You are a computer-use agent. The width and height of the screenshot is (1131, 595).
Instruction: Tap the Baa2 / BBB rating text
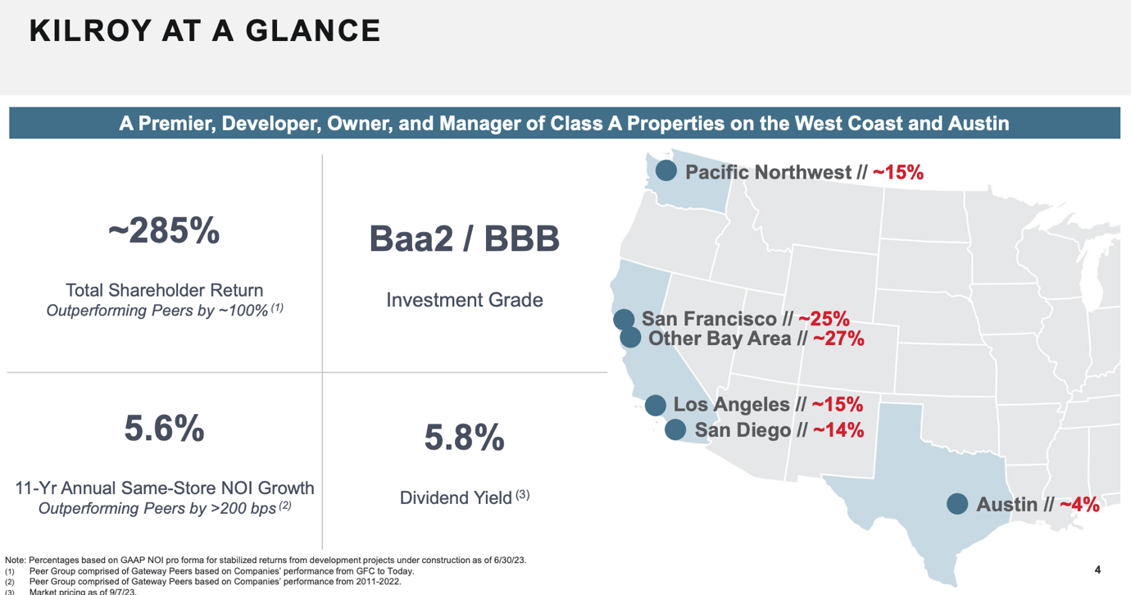click(x=464, y=238)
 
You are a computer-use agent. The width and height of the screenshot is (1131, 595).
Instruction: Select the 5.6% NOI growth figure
click(x=164, y=429)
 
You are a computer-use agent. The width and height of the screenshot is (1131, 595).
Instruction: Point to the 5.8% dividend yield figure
click(x=464, y=438)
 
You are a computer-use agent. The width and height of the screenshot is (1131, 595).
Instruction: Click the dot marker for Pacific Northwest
click(x=665, y=170)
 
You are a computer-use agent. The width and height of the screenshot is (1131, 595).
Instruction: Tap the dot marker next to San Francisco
click(x=624, y=319)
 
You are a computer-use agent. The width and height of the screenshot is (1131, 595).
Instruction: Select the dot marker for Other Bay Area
click(x=630, y=338)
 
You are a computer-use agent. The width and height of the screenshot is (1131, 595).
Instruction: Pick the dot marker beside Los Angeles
click(x=655, y=405)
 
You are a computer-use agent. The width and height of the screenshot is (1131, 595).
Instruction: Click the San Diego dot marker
click(x=675, y=429)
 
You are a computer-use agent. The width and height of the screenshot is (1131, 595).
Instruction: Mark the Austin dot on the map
click(x=956, y=504)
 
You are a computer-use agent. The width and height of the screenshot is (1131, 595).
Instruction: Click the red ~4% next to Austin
click(x=1079, y=504)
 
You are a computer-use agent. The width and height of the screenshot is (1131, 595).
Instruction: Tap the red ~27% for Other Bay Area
click(x=838, y=338)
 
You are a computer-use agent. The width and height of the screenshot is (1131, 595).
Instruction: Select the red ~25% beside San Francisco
click(x=824, y=319)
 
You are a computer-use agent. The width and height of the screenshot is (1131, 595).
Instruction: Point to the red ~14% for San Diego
click(x=838, y=430)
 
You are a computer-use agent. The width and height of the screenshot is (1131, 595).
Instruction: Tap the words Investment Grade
click(x=464, y=300)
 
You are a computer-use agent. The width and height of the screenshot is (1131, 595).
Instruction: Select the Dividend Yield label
click(x=456, y=497)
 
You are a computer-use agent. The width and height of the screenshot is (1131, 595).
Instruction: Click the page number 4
click(x=1097, y=570)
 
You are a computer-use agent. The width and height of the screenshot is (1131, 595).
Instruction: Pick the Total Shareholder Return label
click(x=164, y=290)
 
